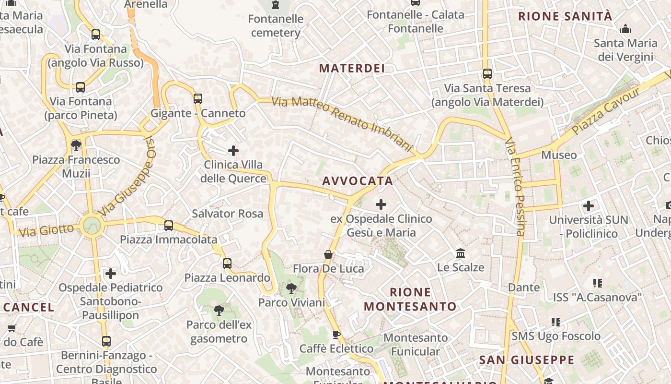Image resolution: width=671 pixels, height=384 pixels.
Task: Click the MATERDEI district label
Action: click(352, 68)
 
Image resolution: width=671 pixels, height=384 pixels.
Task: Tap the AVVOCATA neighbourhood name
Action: click(358, 181)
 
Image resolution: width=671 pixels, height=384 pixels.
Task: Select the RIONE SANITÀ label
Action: click(565, 16)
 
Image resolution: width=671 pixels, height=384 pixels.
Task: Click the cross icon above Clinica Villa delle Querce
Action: click(233, 151)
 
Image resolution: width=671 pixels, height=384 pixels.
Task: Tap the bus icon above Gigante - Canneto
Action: click(198, 99)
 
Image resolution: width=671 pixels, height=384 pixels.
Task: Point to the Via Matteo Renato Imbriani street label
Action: click(342, 123)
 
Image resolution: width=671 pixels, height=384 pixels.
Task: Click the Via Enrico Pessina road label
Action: click(515, 187)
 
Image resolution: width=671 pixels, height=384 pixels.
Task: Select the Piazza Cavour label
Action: click(606, 111)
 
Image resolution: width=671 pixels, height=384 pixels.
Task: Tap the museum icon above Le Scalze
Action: click(461, 253)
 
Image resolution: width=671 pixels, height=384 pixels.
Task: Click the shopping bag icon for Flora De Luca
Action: click(328, 254)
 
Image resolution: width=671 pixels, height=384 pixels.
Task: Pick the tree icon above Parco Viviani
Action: click(291, 288)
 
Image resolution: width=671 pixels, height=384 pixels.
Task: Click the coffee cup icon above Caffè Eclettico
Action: click(336, 335)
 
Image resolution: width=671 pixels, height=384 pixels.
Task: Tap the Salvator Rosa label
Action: click(228, 214)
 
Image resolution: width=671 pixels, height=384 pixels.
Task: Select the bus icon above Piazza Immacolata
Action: click(169, 226)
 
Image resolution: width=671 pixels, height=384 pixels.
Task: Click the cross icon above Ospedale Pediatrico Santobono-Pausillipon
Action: click(111, 274)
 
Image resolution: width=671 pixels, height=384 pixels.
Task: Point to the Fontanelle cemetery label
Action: click(276, 26)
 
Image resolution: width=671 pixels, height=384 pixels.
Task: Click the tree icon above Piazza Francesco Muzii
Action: click(76, 145)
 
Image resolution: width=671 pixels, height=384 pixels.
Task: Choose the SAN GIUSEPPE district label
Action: click(526, 360)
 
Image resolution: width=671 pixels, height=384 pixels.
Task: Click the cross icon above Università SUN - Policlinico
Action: click(589, 206)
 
